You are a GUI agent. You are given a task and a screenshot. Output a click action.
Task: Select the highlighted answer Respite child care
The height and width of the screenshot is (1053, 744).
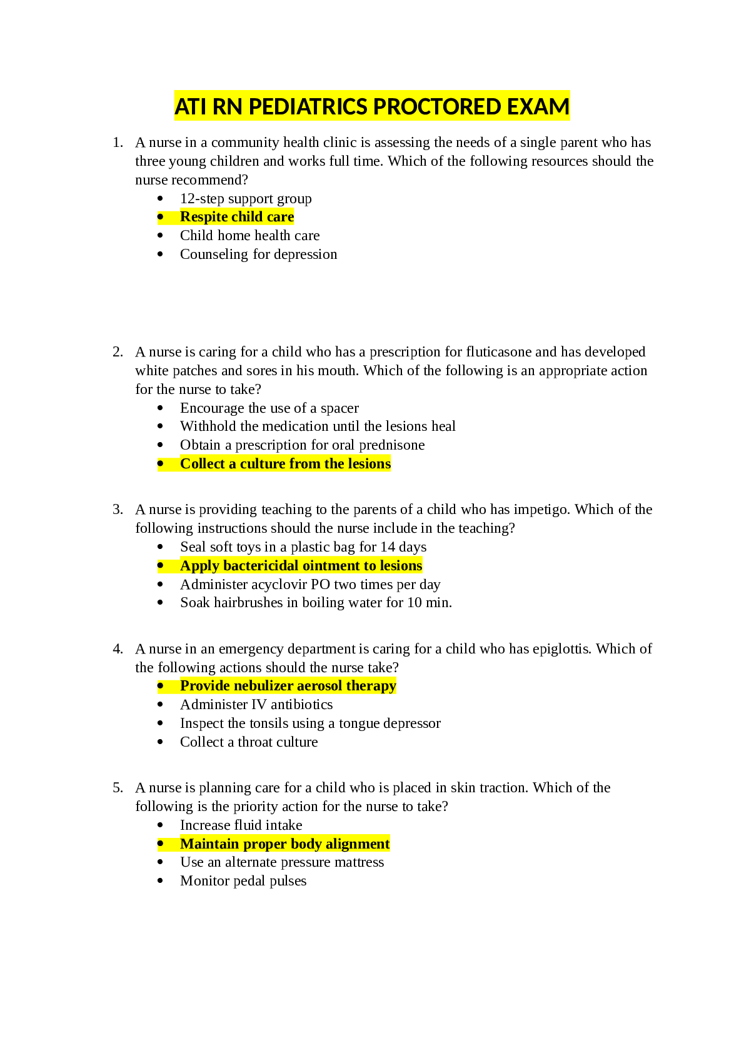click(x=237, y=217)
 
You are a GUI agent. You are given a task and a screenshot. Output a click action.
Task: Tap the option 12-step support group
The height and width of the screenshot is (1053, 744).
click(x=246, y=198)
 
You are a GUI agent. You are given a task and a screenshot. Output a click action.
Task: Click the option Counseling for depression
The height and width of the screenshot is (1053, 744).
click(x=258, y=254)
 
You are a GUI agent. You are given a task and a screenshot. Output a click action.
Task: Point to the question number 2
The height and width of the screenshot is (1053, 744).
click(x=118, y=351)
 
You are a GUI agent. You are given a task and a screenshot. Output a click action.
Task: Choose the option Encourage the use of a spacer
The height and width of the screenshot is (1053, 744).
click(x=269, y=408)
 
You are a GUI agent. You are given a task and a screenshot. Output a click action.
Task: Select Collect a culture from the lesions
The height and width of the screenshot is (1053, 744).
click(x=285, y=463)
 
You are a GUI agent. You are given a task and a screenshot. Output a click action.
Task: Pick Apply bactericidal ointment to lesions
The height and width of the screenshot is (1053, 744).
click(x=301, y=565)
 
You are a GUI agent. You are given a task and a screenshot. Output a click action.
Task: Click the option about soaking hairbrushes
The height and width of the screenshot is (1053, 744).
click(x=316, y=602)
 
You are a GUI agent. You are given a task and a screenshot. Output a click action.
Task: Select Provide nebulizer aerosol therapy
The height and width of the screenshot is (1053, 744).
click(x=288, y=685)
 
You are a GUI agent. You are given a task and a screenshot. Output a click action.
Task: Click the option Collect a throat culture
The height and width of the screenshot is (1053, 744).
click(x=249, y=742)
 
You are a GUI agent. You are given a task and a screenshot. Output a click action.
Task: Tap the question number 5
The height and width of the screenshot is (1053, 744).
click(x=118, y=787)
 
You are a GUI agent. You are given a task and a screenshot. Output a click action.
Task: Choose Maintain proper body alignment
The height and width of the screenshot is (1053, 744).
click(x=285, y=844)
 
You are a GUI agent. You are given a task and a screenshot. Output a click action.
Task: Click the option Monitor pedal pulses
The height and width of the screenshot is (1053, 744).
click(x=243, y=880)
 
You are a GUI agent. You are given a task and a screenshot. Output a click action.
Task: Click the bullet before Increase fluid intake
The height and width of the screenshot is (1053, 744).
click(x=160, y=825)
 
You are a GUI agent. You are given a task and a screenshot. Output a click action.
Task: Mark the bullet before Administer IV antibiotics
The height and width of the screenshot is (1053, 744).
click(x=160, y=705)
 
